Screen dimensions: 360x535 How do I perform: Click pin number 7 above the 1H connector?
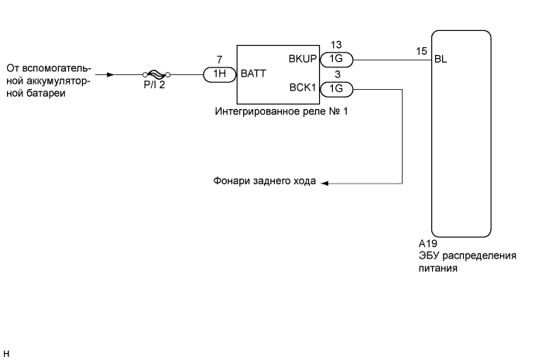pos(221,60)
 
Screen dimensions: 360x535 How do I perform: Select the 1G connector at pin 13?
pos(337,59)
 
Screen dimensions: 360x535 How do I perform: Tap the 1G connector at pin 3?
pos(337,89)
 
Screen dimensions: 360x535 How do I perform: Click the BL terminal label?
pos(441,59)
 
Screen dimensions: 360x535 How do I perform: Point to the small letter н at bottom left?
pos(5,355)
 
